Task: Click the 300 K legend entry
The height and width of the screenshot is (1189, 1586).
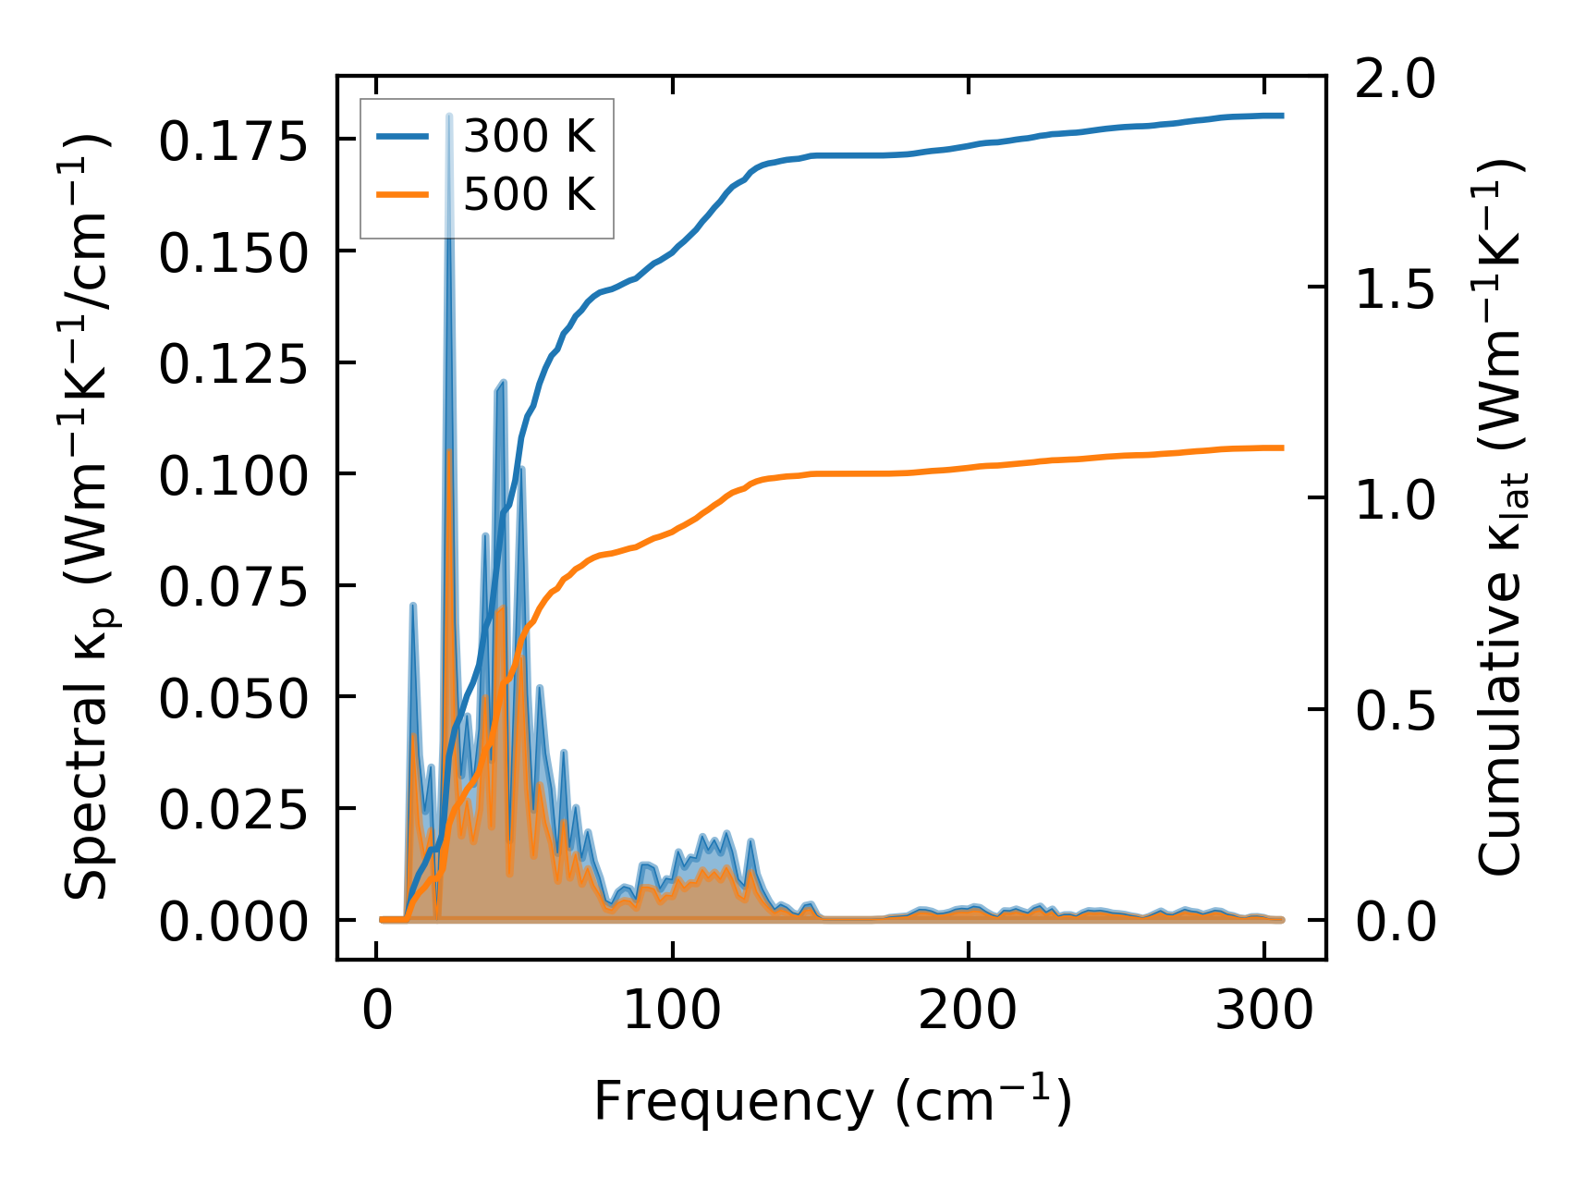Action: click(529, 137)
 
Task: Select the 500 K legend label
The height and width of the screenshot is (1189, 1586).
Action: click(529, 194)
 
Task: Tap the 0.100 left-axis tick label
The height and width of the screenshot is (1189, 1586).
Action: click(232, 477)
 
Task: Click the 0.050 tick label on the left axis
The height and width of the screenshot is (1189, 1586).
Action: click(232, 700)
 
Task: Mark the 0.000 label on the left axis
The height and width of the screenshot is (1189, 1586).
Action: click(232, 923)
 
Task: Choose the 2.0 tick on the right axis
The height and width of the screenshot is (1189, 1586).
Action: click(1395, 80)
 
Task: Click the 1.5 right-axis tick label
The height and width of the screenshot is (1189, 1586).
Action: click(1395, 290)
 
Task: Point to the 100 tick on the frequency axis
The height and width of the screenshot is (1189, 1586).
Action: click(672, 1011)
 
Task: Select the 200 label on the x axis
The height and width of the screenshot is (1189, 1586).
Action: click(968, 1011)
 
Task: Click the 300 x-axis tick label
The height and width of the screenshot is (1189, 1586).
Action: click(1263, 1011)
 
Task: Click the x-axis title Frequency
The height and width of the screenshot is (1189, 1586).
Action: click(732, 1101)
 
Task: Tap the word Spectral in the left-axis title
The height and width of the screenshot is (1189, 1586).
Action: click(87, 814)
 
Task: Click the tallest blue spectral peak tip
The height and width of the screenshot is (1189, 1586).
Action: click(449, 116)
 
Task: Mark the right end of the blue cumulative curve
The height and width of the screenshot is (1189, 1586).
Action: click(1283, 116)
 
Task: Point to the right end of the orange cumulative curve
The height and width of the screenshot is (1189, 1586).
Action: click(1283, 447)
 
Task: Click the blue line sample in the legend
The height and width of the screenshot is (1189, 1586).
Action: click(403, 137)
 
